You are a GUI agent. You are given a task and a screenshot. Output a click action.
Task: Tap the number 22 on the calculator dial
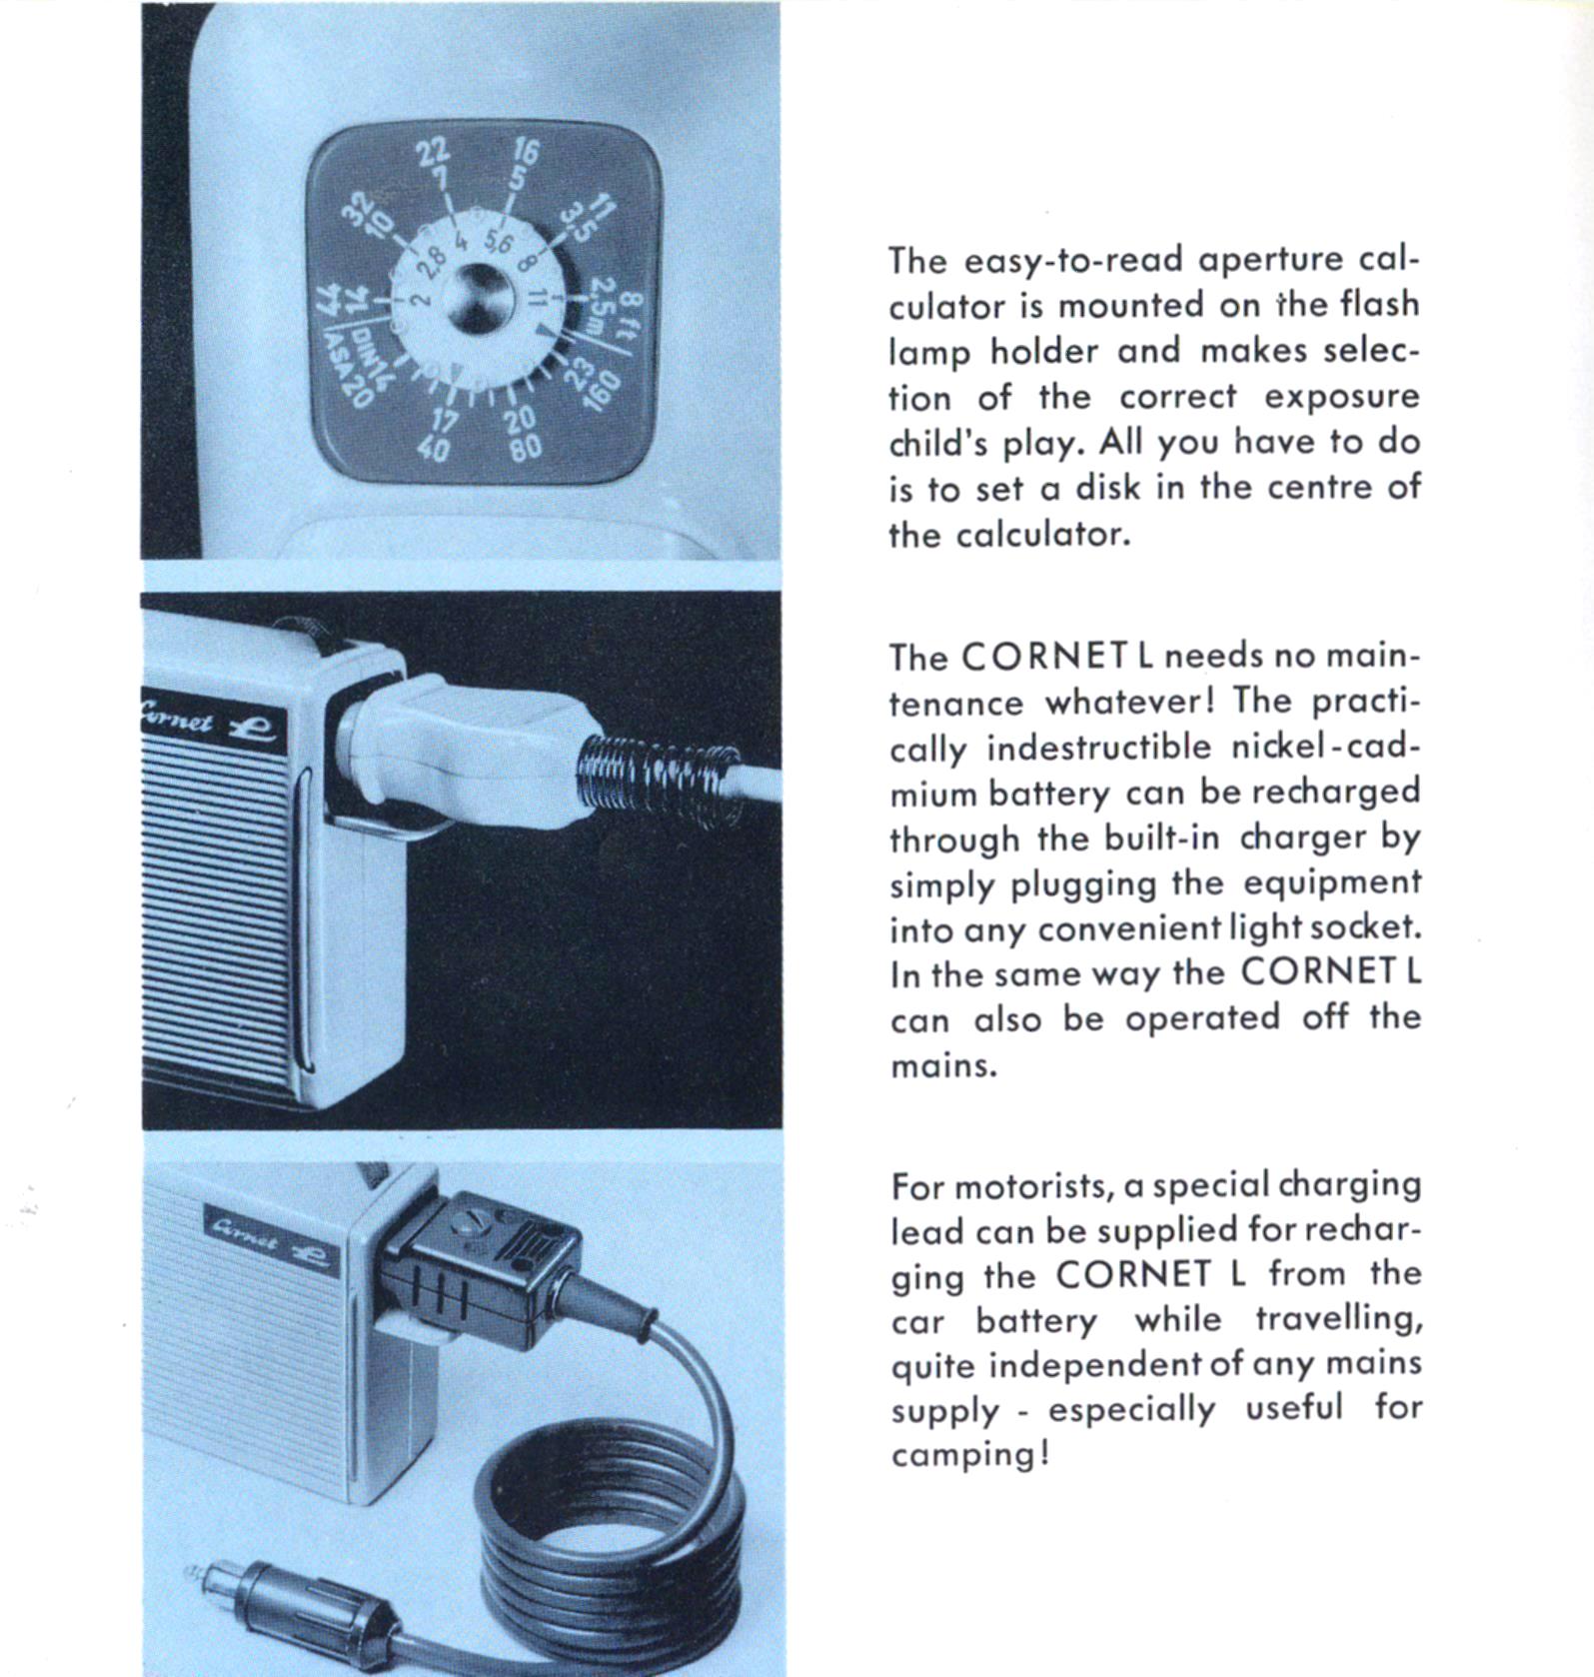[433, 152]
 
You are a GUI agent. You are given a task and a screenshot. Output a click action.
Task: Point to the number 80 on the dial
[525, 447]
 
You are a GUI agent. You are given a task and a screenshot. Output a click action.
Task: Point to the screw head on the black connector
[468, 1226]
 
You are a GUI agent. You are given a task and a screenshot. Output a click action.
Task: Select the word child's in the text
[937, 442]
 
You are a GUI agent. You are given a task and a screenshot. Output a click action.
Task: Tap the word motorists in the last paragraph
[1030, 1186]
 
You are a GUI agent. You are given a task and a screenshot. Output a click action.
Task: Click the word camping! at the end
[970, 1455]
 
